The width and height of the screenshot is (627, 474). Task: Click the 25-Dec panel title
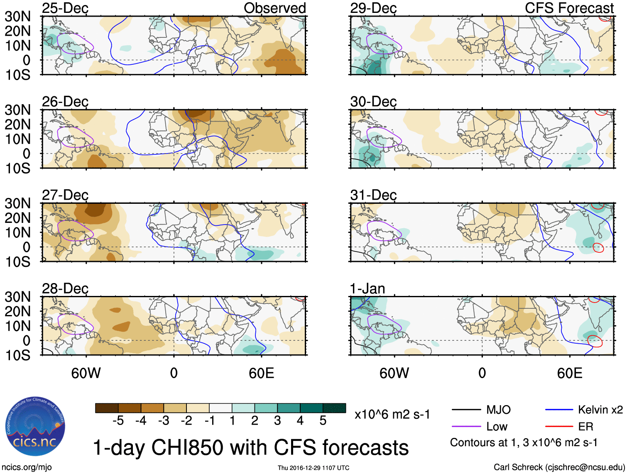[x=65, y=8]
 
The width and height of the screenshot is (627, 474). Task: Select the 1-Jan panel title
[x=367, y=288]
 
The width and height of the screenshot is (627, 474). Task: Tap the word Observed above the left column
[x=274, y=8]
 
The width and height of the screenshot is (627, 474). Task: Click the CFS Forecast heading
[x=569, y=8]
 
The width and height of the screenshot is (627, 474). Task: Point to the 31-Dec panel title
[x=373, y=195]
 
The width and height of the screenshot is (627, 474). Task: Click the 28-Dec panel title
[x=65, y=288]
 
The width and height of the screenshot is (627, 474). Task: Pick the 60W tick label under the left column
[x=86, y=373]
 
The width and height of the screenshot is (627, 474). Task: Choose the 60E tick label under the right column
[x=569, y=373]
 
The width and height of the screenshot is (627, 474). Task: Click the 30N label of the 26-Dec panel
[x=17, y=110]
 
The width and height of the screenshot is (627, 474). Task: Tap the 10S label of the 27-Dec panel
[x=17, y=262]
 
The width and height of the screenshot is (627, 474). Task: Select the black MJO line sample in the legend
[x=466, y=410]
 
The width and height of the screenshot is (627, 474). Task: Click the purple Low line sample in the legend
[x=466, y=426]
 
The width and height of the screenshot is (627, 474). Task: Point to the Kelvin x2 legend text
[x=600, y=410]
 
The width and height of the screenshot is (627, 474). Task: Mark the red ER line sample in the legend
[x=559, y=426]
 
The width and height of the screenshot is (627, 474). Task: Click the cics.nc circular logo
[x=35, y=426]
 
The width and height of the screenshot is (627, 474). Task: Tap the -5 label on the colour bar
[x=118, y=421]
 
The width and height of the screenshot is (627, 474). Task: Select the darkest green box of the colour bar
[x=334, y=408]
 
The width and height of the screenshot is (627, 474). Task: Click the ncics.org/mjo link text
[x=27, y=467]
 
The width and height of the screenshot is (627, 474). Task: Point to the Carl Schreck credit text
[x=559, y=467]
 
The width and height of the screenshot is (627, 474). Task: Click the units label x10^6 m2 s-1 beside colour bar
[x=392, y=415]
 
